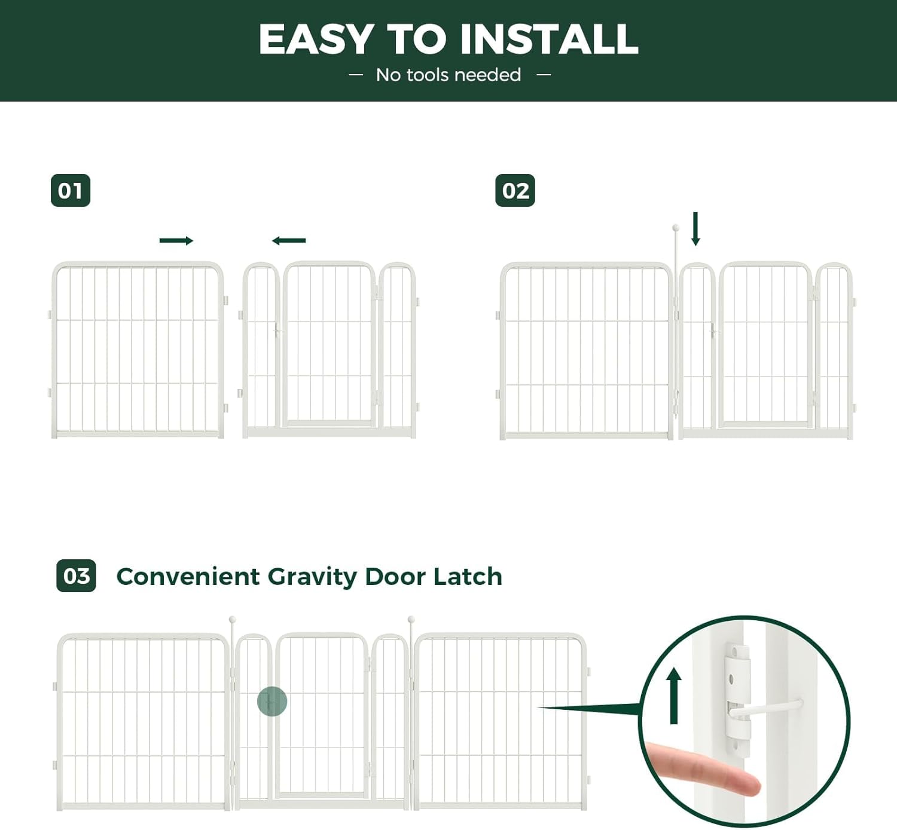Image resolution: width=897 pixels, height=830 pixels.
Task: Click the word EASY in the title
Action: tap(316, 39)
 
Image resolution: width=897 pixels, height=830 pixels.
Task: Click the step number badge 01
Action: tap(71, 191)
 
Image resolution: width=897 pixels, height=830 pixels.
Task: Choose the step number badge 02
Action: tap(515, 191)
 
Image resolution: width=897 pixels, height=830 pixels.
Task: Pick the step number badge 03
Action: tap(76, 576)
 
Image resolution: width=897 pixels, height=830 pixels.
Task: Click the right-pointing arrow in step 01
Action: tap(176, 241)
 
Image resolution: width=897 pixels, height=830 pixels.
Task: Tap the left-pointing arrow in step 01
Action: tap(289, 241)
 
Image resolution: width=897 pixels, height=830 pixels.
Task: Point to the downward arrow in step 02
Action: tap(695, 229)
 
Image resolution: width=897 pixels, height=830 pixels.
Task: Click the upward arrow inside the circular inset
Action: tap(674, 696)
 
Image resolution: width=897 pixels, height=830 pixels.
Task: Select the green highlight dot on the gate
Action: tap(272, 702)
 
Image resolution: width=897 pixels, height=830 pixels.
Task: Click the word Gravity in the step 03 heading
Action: tap(312, 577)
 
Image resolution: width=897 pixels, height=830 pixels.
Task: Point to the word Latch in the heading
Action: tap(468, 577)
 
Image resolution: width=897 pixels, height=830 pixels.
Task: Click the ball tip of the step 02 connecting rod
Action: tap(676, 228)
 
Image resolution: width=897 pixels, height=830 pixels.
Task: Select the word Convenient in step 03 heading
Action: tap(188, 577)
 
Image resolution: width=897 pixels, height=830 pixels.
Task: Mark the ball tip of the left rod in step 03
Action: tap(232, 620)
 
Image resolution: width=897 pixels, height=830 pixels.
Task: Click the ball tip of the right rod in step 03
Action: tap(411, 620)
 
